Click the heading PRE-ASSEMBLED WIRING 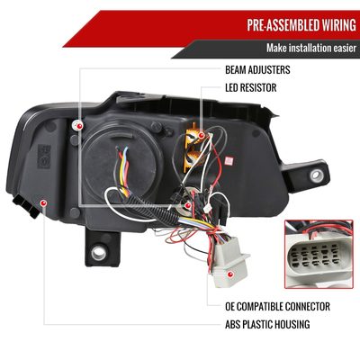coord(301,25)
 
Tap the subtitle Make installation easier coord(311,48)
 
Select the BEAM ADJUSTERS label coord(257,70)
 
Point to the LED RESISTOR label coord(251,88)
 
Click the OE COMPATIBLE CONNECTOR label coord(277,306)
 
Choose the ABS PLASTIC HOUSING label coord(267,324)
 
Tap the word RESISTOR coord(260,88)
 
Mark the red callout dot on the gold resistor coord(202,136)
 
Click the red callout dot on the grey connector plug coord(230,274)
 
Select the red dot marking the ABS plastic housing coord(43,203)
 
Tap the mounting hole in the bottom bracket coord(98,254)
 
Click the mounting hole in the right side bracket coord(316,175)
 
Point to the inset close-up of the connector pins coord(319,254)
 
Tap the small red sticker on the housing coord(229,161)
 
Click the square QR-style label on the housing coord(44,157)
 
